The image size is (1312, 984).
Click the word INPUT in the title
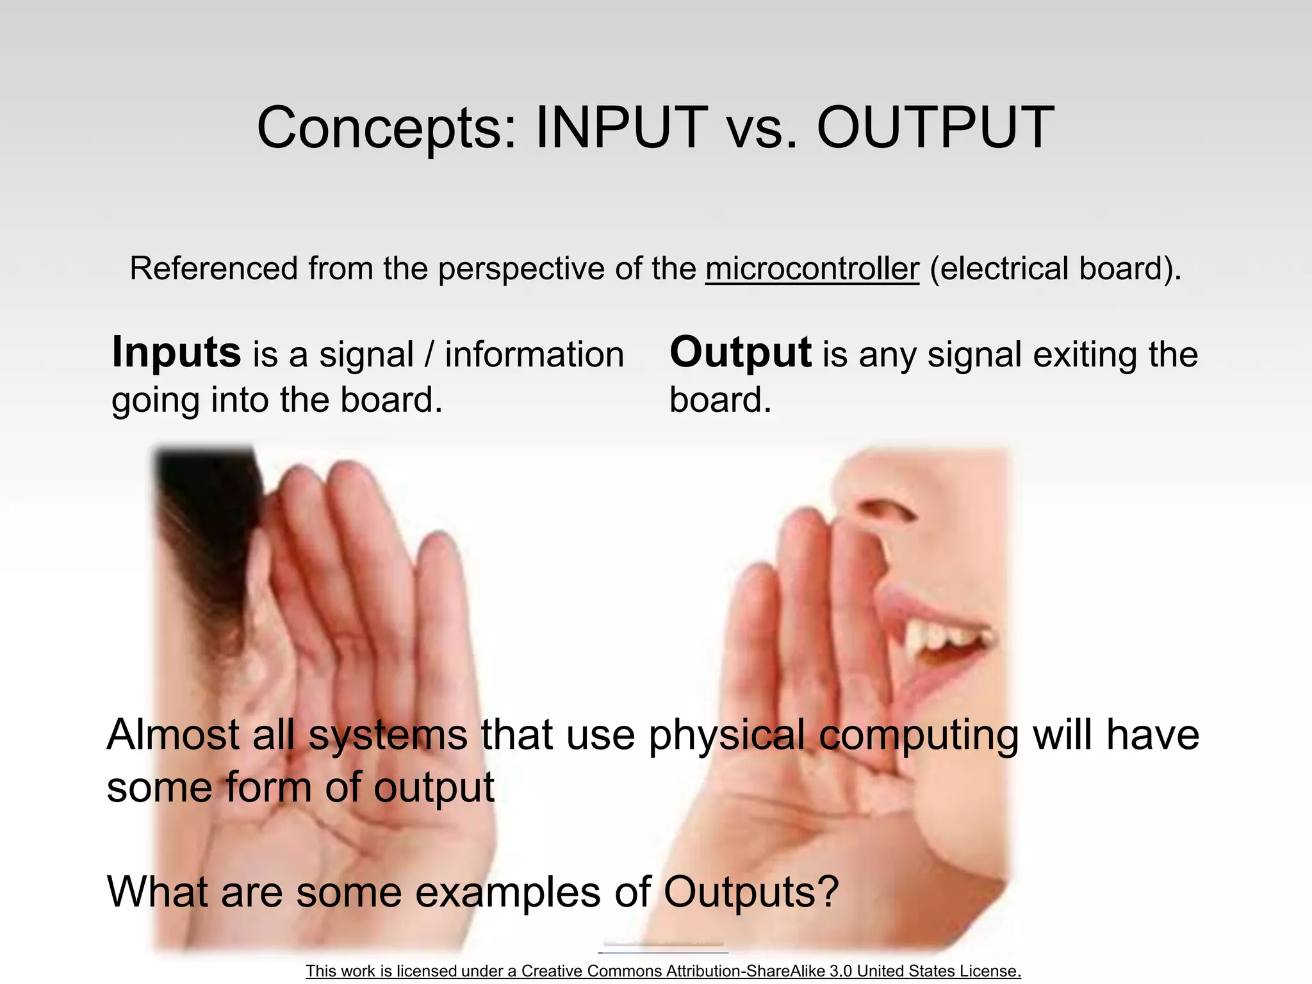pyautogui.click(x=621, y=127)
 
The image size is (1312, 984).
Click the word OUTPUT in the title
pyautogui.click(x=935, y=127)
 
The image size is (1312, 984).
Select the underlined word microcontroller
pyautogui.click(x=812, y=268)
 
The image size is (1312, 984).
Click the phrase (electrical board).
pyautogui.click(x=1054, y=268)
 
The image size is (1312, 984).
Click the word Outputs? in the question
pyautogui.click(x=751, y=892)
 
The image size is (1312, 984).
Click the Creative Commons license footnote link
pyautogui.click(x=663, y=971)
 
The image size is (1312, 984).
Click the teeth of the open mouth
pyautogui.click(x=942, y=634)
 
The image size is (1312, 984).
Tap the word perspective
pyautogui.click(x=521, y=268)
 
